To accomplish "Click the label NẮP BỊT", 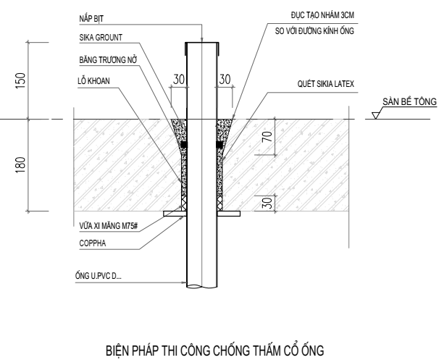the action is click(91, 19).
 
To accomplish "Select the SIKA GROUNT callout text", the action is click(101, 38).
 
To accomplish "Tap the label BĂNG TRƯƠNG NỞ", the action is click(108, 60).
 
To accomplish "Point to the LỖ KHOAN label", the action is click(93, 81).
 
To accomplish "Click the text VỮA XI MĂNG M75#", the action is click(109, 226).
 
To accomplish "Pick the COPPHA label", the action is click(93, 243).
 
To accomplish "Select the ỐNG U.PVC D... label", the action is click(99, 276).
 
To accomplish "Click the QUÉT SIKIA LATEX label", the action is click(325, 84).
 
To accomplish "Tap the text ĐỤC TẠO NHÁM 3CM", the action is click(322, 15).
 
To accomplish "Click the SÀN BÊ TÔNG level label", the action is click(409, 101).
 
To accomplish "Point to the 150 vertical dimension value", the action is click(20, 80).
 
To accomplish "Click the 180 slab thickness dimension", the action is click(20, 165).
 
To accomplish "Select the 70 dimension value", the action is click(267, 137).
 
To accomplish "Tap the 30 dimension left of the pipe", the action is click(179, 79).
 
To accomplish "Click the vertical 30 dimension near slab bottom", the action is click(267, 203).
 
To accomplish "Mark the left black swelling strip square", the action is click(184, 145).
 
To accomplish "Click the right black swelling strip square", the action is click(220, 145).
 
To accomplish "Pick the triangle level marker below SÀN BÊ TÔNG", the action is click(375, 115).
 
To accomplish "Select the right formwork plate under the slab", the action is click(228, 214).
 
